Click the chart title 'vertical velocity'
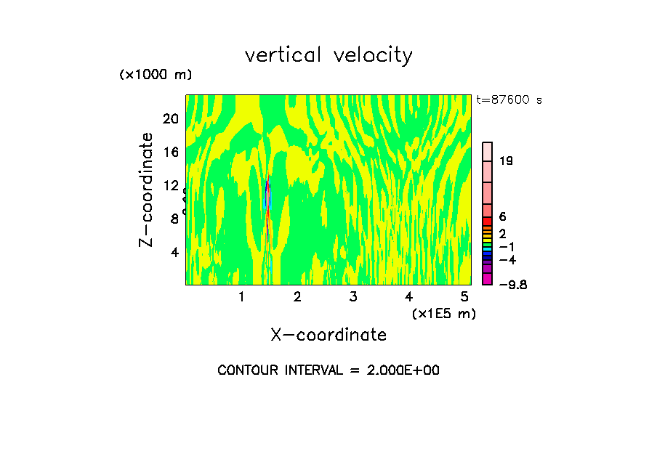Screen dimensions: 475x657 (328, 55)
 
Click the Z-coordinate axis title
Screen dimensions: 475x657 (147, 190)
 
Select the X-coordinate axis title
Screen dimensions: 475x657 (328, 335)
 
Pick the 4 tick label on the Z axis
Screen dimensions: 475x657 (174, 253)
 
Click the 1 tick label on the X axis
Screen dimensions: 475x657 (241, 297)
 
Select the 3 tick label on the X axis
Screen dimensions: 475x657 (352, 297)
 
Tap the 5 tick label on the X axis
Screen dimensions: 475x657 (464, 297)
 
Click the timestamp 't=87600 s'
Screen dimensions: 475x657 (509, 100)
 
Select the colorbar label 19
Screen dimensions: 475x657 (507, 161)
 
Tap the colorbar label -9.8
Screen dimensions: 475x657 (512, 285)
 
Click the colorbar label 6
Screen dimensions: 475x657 (502, 217)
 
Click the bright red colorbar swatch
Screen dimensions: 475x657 (488, 221)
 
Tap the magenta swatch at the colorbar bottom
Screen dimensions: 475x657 (488, 279)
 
